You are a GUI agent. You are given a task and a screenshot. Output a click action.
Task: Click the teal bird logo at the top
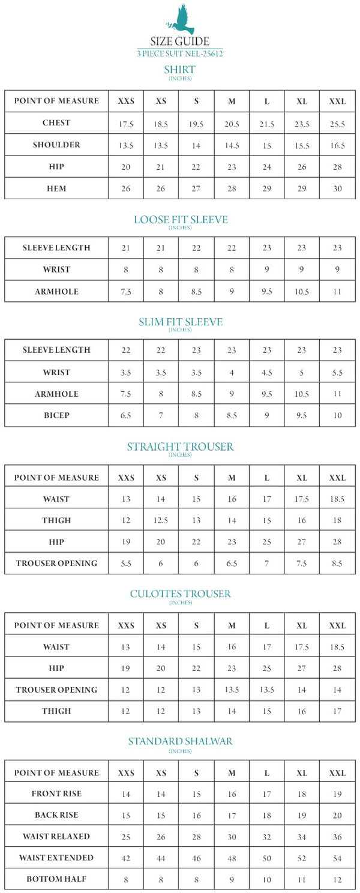180,19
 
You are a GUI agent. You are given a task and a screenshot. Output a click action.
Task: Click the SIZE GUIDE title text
180,41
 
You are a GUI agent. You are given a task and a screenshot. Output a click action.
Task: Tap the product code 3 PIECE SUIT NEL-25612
180,53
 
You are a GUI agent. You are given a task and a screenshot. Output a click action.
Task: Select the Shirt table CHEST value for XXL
337,124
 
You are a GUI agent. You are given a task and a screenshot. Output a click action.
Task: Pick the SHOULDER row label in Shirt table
56,145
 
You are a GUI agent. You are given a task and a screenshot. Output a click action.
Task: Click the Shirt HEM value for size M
232,188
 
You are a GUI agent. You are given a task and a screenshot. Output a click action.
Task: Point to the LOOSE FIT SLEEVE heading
180,220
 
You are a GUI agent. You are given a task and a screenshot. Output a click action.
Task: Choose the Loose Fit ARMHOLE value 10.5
302,292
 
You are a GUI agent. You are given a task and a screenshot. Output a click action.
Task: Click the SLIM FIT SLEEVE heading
180,322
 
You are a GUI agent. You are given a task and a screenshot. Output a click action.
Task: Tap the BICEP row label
56,415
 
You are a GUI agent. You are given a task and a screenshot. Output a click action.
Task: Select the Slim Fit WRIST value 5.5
337,373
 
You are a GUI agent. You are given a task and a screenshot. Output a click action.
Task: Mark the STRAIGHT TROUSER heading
180,446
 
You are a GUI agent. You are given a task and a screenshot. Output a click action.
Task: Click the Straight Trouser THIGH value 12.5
161,521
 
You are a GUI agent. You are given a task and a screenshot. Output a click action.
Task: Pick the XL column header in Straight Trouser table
302,478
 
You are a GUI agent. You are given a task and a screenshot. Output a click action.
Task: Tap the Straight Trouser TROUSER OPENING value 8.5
337,564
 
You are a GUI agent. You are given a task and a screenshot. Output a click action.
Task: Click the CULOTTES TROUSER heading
180,594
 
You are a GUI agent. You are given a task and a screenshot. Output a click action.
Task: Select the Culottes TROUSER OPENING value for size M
232,690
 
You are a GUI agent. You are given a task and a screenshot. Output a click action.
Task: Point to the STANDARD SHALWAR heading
180,742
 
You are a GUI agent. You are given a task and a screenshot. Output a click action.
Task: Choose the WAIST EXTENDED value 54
337,858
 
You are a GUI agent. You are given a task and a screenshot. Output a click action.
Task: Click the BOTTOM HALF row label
56,879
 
